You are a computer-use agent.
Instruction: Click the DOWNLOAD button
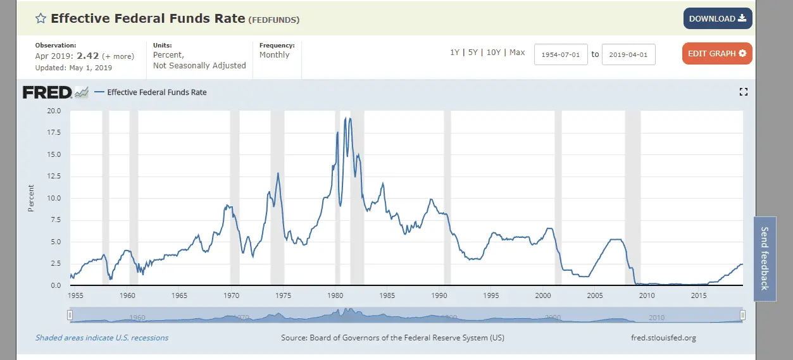click(x=717, y=18)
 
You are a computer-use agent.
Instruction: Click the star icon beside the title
click(x=41, y=18)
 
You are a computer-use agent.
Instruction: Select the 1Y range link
click(x=454, y=53)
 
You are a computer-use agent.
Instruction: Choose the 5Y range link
click(x=473, y=53)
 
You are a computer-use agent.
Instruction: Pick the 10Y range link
click(x=494, y=53)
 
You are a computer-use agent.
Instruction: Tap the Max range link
click(x=517, y=53)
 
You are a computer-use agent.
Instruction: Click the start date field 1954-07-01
click(x=561, y=54)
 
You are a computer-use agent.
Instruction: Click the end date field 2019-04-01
click(x=628, y=54)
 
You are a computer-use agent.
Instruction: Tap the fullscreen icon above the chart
click(x=744, y=92)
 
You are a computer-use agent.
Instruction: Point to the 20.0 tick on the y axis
click(x=54, y=111)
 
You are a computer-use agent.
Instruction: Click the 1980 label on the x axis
click(x=335, y=295)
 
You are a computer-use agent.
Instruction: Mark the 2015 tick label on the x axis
click(x=699, y=295)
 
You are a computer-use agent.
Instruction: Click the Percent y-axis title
click(x=30, y=198)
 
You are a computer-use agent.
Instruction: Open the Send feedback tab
click(x=764, y=258)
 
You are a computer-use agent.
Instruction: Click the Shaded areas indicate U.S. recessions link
click(x=102, y=338)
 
